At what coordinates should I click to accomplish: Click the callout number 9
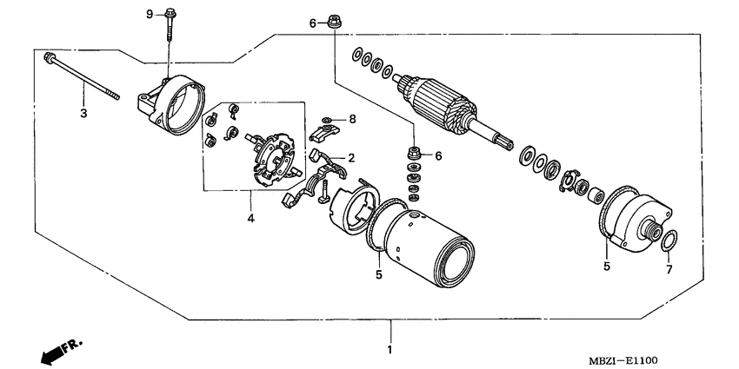tap(149, 14)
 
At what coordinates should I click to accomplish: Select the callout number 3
tap(84, 113)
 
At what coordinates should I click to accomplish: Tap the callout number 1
tap(389, 350)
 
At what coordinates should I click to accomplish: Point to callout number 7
tap(669, 269)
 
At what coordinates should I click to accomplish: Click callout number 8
tap(353, 118)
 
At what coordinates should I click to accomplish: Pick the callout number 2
tap(351, 158)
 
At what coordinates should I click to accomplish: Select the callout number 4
tap(250, 219)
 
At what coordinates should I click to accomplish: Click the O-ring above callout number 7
tap(668, 240)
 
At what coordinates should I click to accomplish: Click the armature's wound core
tap(439, 103)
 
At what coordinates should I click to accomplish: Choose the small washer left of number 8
tap(326, 119)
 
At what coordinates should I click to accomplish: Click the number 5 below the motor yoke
tap(379, 275)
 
